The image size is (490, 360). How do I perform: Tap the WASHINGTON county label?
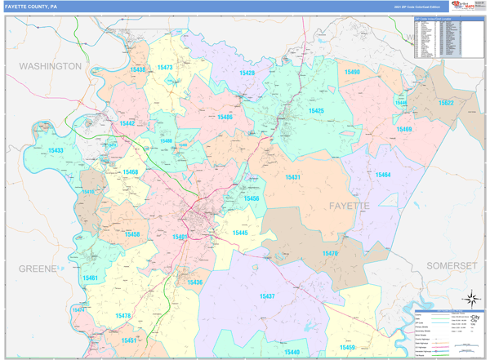pyautogui.click(x=50, y=65)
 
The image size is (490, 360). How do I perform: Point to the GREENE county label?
pyautogui.click(x=38, y=268)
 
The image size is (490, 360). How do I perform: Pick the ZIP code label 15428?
pyautogui.click(x=247, y=73)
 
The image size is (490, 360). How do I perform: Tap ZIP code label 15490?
pyautogui.click(x=351, y=73)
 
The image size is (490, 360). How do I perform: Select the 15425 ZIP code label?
pyautogui.click(x=316, y=110)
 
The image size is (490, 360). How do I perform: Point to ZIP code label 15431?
pyautogui.click(x=293, y=177)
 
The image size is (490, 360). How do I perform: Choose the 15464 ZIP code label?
pyautogui.click(x=382, y=175)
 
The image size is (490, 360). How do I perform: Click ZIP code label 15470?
pyautogui.click(x=330, y=253)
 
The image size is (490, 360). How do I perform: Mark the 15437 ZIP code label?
pyautogui.click(x=267, y=296)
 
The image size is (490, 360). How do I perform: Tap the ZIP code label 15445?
pyautogui.click(x=240, y=233)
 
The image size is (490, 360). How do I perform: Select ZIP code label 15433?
pyautogui.click(x=55, y=150)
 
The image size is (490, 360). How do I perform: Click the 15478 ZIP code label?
pyautogui.click(x=122, y=315)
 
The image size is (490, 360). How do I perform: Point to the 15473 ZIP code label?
pyautogui.click(x=165, y=68)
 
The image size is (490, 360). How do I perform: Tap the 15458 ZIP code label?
pyautogui.click(x=131, y=234)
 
